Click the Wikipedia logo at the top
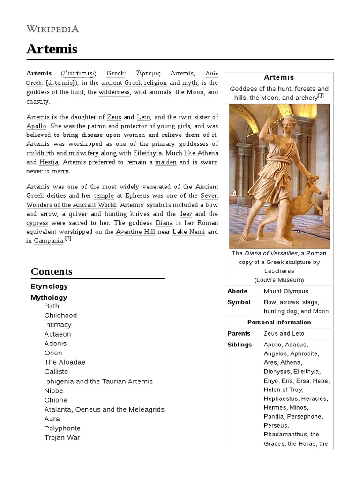[52, 29]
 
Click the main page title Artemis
[52, 49]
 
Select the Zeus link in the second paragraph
[114, 117]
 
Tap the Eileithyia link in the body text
[150, 153]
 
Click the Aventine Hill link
[136, 232]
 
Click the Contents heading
[52, 271]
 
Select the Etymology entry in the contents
[49, 286]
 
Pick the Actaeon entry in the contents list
[58, 334]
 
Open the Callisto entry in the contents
[57, 372]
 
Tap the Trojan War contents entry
[62, 437]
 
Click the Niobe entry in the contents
[53, 390]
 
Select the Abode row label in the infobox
[237, 291]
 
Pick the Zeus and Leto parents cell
[284, 333]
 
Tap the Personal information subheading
[279, 322]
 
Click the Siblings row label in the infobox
[240, 345]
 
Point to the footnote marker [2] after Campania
[68, 238]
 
